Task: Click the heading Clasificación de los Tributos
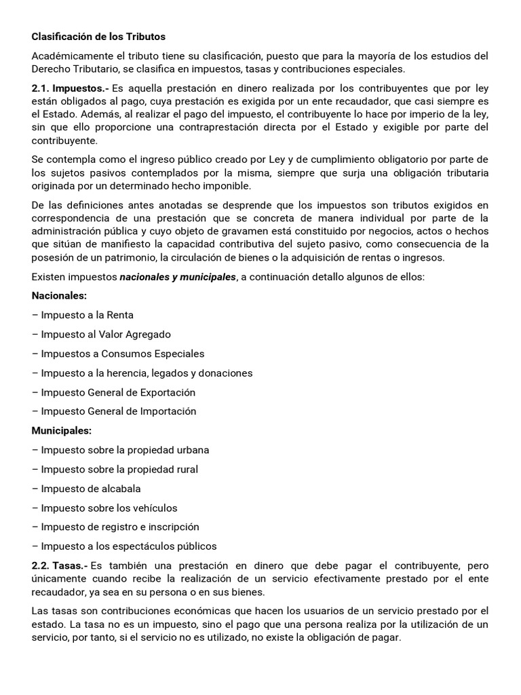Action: coord(98,36)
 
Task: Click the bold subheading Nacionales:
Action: coord(59,295)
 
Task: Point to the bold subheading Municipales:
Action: coord(62,430)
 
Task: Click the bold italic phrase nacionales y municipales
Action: coord(178,276)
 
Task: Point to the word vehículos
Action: coord(155,508)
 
